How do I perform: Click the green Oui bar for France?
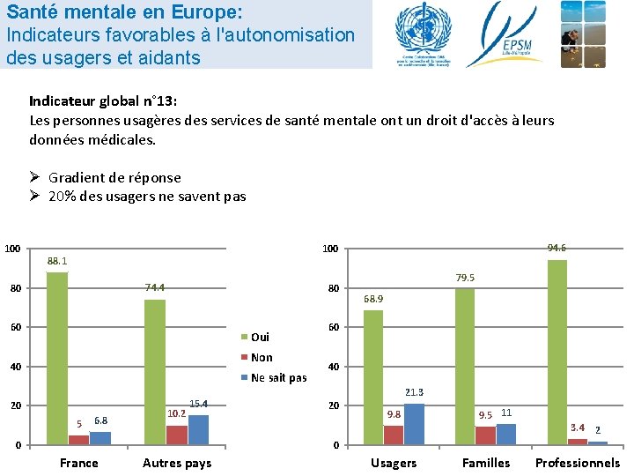tap(57, 358)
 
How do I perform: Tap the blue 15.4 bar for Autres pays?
tap(198, 429)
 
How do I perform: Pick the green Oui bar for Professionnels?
tap(557, 352)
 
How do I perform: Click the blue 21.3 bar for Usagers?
tap(414, 424)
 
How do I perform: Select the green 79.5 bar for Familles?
tap(465, 366)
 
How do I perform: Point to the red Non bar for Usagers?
tap(393, 435)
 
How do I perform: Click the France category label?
tap(79, 463)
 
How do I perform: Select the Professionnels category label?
tap(578, 463)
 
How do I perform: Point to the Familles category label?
tap(486, 463)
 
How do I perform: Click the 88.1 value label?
tap(58, 261)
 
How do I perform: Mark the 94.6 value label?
tap(557, 248)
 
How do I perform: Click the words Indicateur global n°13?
tap(103, 100)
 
